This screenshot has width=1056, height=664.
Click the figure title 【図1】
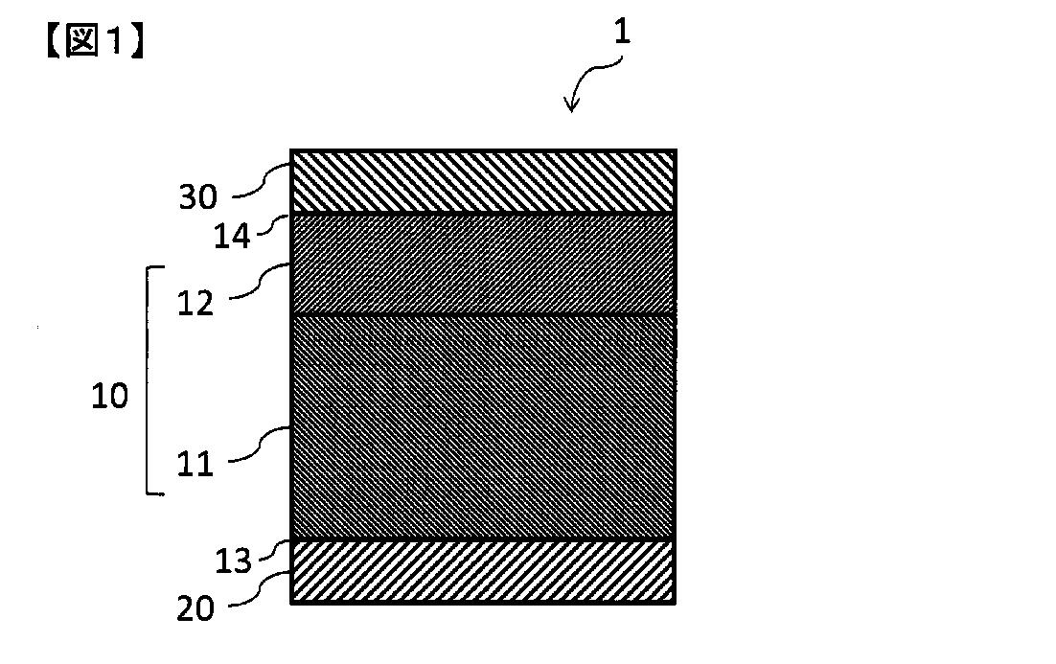(x=95, y=41)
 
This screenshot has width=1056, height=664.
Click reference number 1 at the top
(x=622, y=31)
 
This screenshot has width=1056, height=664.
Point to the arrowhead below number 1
(x=572, y=104)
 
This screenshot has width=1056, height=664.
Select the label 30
(x=198, y=196)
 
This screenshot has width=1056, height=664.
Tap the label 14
(x=232, y=237)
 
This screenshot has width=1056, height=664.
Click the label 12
(x=195, y=303)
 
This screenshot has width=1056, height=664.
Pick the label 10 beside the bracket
(x=110, y=396)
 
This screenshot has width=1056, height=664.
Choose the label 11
(x=195, y=464)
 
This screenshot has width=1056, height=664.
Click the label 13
(x=233, y=561)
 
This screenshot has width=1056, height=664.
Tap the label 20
(x=195, y=608)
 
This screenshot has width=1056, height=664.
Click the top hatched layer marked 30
(x=483, y=181)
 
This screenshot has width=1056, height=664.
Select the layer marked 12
(x=483, y=264)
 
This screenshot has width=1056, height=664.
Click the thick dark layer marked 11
(x=483, y=427)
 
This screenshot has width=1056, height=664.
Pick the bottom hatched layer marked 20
(x=483, y=572)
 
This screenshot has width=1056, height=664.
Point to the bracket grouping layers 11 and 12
(x=148, y=380)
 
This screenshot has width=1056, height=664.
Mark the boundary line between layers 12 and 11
(x=483, y=315)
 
